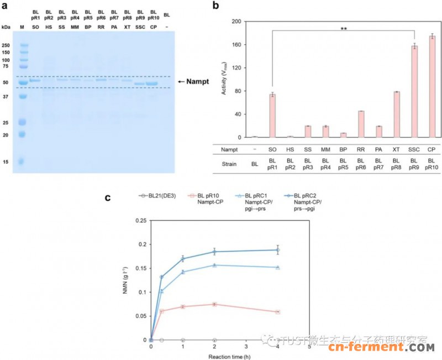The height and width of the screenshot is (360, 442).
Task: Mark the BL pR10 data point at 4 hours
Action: (278, 312)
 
